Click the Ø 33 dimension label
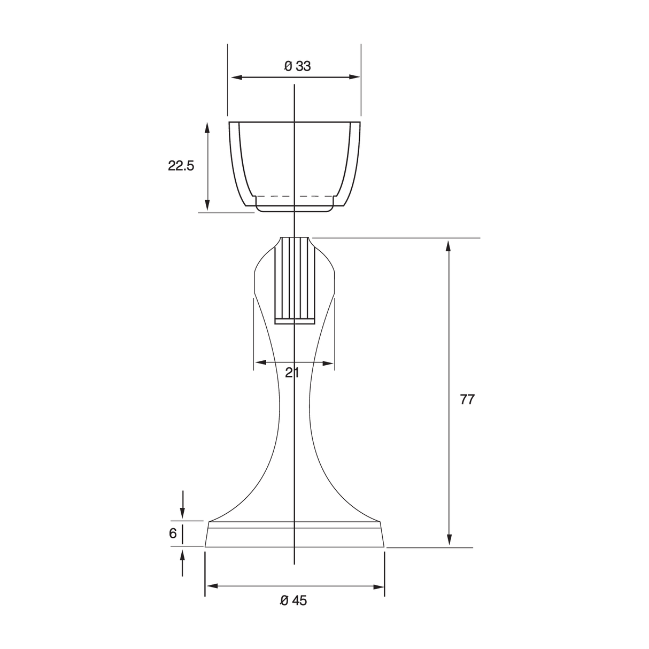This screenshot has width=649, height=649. click(297, 66)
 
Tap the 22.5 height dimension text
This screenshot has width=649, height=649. click(181, 166)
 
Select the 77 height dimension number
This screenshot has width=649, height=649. click(467, 399)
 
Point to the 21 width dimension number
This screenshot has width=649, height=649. click(292, 373)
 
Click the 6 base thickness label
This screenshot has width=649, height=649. click(173, 533)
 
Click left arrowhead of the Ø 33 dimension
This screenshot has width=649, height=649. click(237, 78)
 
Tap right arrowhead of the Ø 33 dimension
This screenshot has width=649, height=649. click(354, 77)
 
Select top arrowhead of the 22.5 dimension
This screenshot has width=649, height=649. click(207, 128)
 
